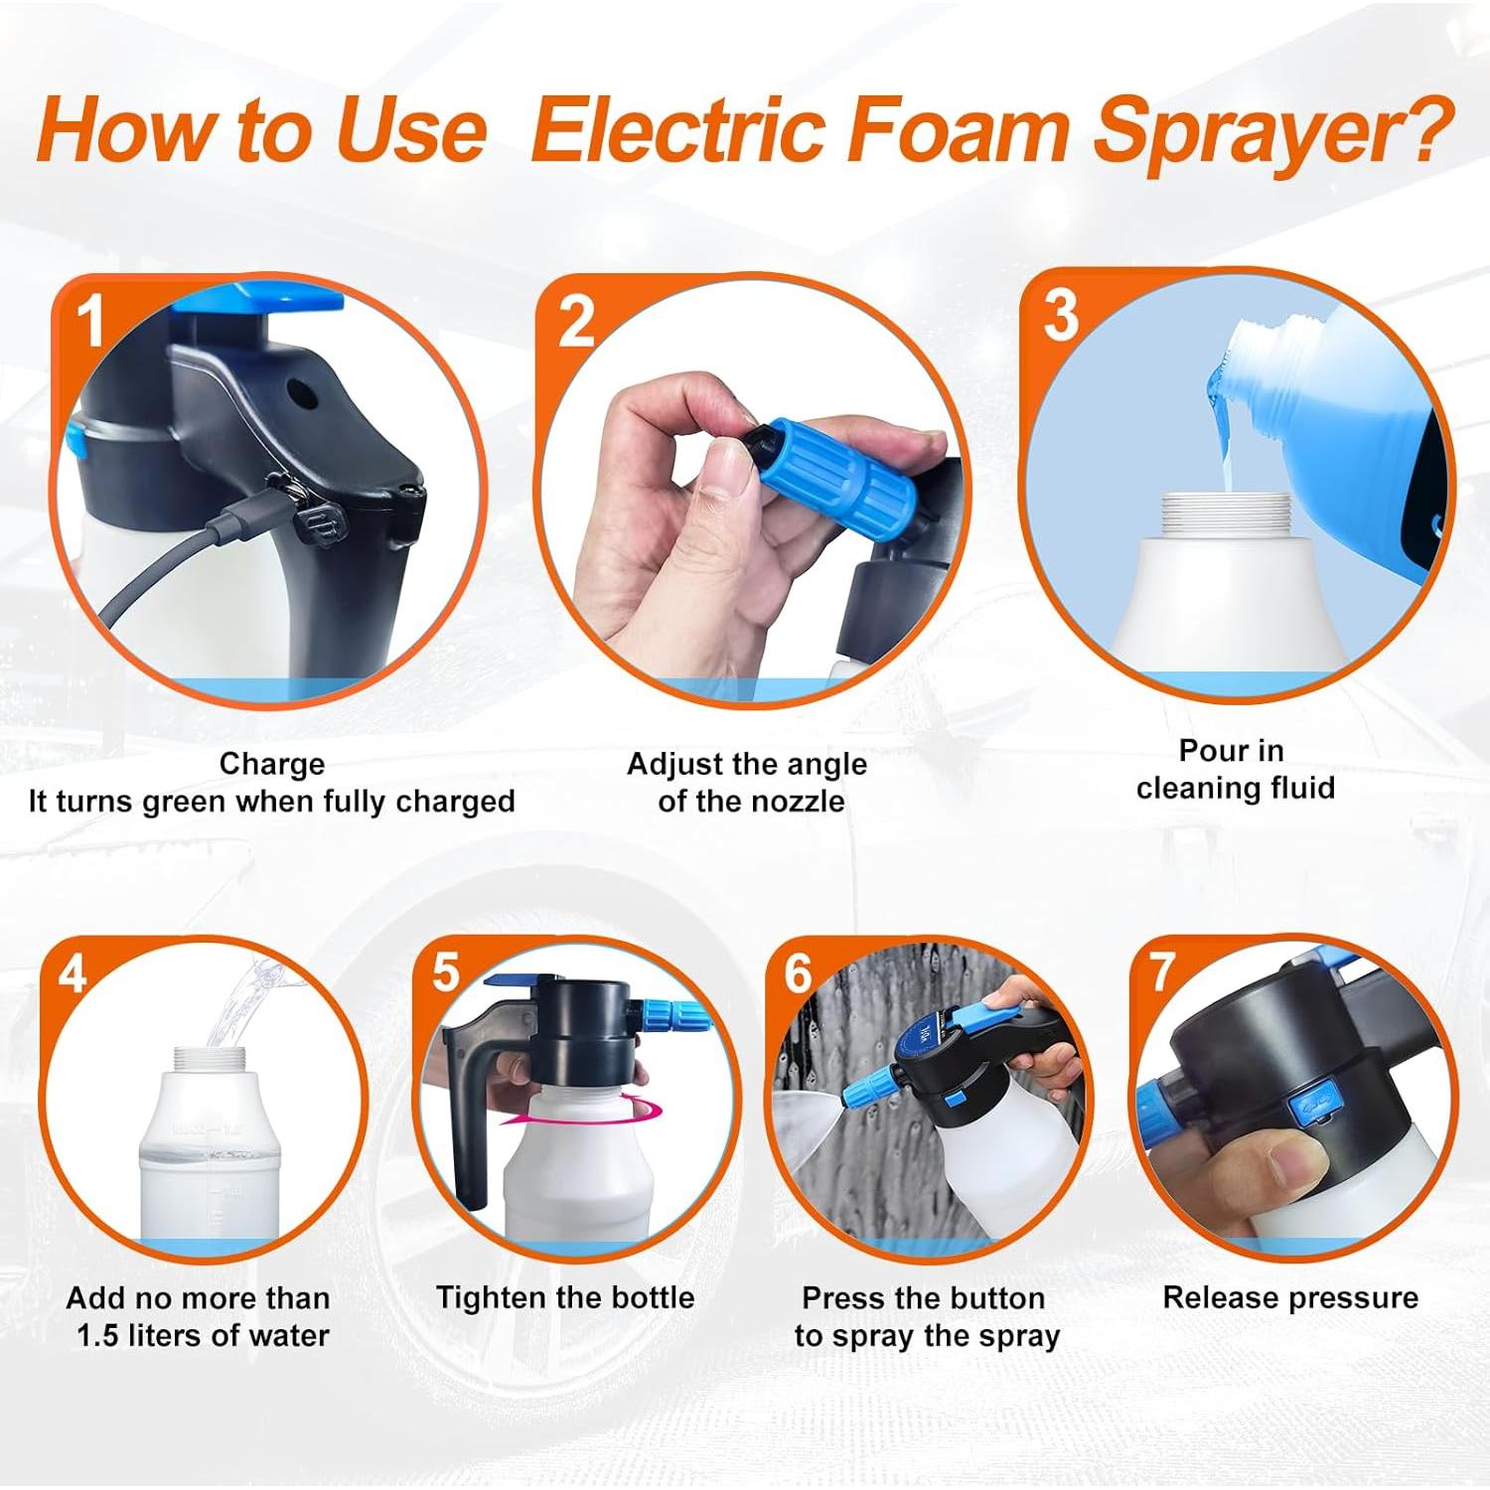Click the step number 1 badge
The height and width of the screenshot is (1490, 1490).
click(x=91, y=321)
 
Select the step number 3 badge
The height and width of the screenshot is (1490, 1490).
click(x=1060, y=316)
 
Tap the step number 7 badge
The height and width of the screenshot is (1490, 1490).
click(x=1162, y=970)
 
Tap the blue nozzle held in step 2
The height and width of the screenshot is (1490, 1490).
click(x=818, y=467)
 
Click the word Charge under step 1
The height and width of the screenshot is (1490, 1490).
click(x=271, y=764)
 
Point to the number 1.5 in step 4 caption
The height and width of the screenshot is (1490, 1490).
click(x=98, y=1336)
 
